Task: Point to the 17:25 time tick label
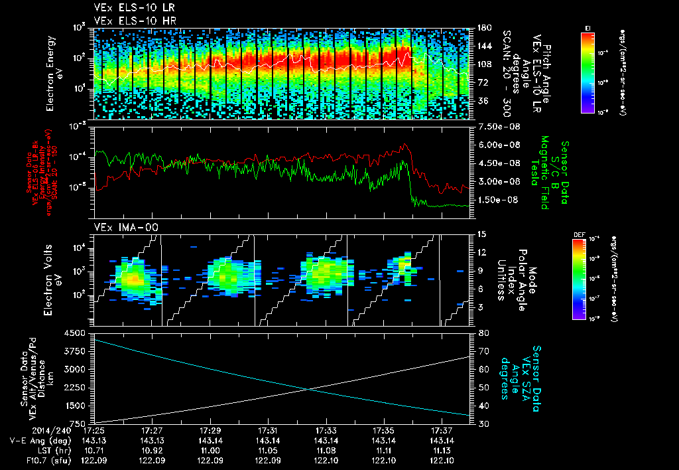pos(95,430)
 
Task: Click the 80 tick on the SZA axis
pos(483,333)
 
